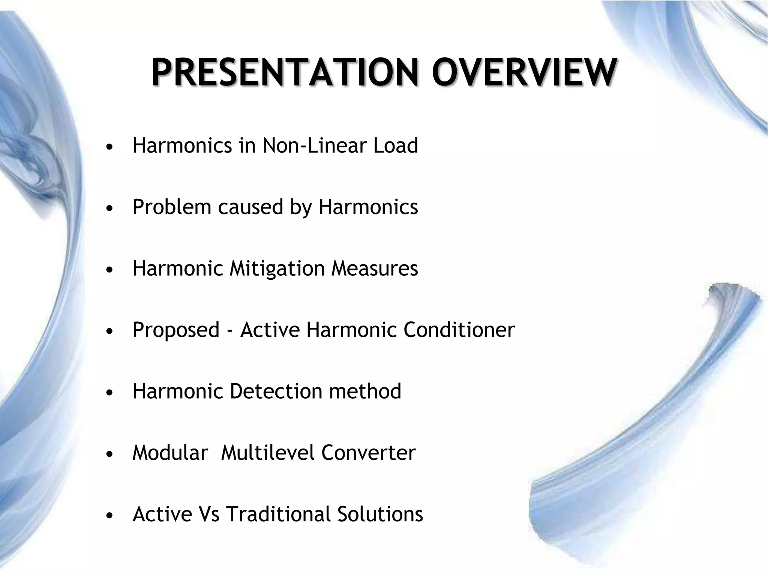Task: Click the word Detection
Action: pos(276,391)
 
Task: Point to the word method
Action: pos(365,391)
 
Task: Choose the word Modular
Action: pos(170,453)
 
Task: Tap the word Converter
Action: pos(368,453)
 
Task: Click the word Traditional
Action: pos(278,514)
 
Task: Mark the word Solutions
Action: pos(380,514)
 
